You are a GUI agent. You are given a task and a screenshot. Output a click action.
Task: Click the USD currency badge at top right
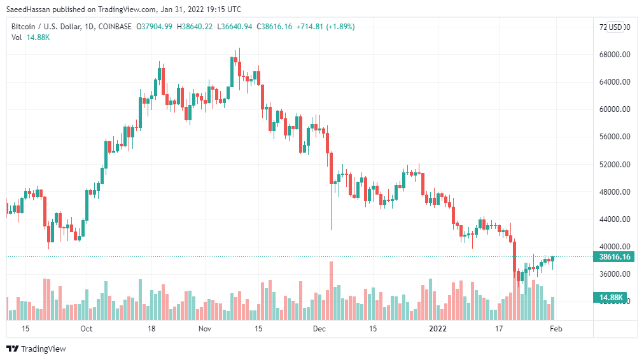[615, 27]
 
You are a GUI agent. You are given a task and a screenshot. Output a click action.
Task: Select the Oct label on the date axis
[87, 329]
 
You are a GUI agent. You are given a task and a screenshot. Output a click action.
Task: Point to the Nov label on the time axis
[204, 329]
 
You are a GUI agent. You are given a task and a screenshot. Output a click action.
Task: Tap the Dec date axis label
[319, 329]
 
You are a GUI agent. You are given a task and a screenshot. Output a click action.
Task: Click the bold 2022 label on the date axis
[437, 329]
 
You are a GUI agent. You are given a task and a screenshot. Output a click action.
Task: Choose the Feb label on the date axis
[555, 329]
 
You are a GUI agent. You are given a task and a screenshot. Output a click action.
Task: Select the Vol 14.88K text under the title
[31, 38]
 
